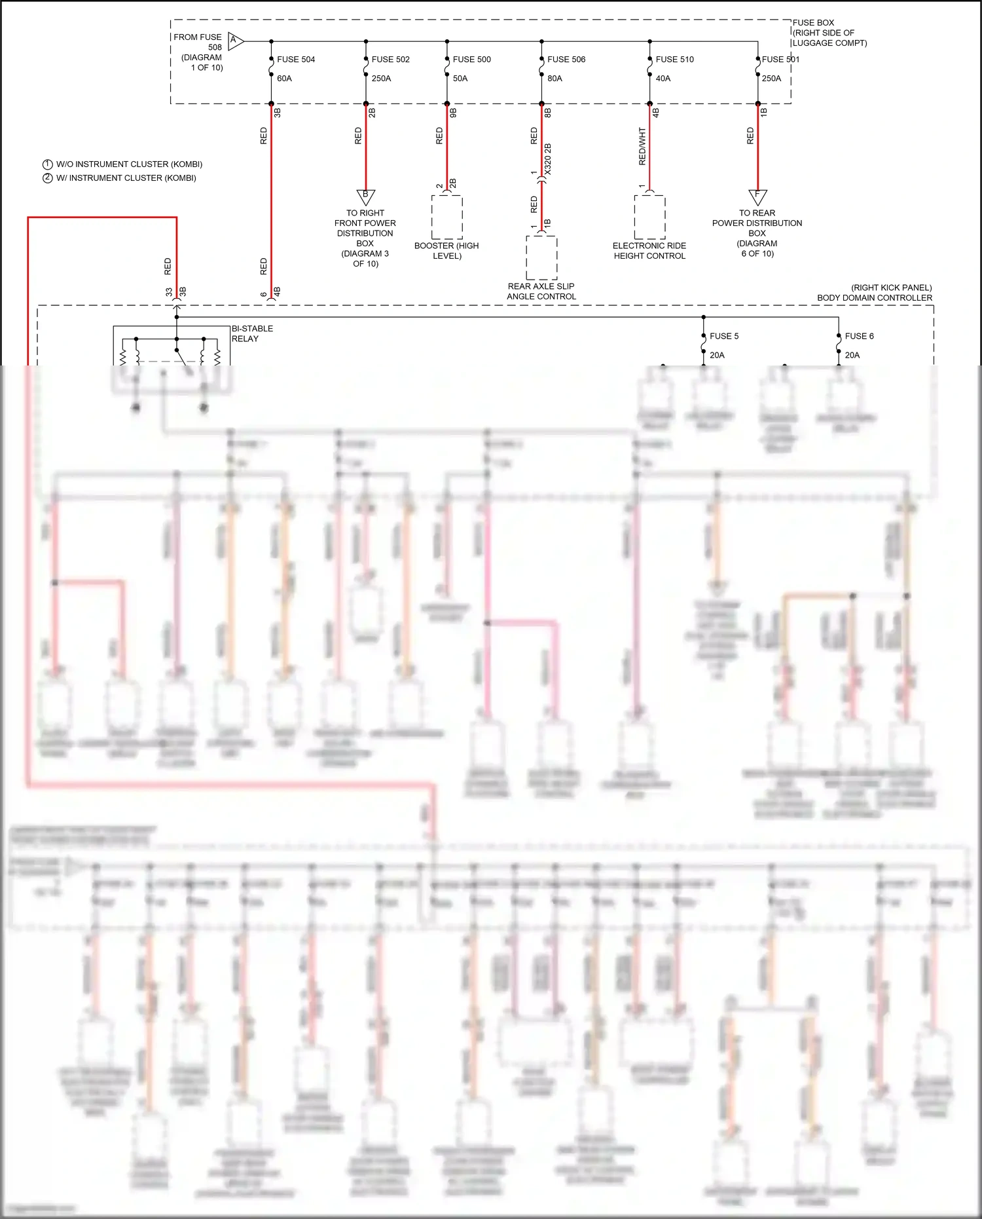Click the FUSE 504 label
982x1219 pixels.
click(x=295, y=60)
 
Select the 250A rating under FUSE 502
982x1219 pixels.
click(x=381, y=79)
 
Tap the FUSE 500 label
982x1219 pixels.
click(x=471, y=60)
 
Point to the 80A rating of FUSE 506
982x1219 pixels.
click(x=555, y=79)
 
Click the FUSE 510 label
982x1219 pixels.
click(x=674, y=60)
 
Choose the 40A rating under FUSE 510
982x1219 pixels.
click(x=663, y=79)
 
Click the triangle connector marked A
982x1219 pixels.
click(x=235, y=41)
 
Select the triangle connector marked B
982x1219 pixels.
click(x=365, y=196)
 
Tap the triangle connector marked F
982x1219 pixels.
click(x=757, y=196)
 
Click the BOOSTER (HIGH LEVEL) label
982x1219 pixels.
click(x=446, y=251)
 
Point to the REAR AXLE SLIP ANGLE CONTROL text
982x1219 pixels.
click(x=541, y=291)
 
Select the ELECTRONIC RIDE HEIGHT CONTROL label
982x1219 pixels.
click(x=649, y=251)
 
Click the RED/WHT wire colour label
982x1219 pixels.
click(x=642, y=146)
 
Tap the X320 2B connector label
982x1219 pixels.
click(x=548, y=159)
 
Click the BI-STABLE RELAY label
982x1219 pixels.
click(x=252, y=333)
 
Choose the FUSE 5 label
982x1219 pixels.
click(x=723, y=336)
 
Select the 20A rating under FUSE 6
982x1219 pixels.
click(x=852, y=355)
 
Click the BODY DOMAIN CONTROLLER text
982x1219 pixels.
click(x=874, y=298)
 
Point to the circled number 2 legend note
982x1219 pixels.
click(x=48, y=178)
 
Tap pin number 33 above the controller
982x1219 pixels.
click(x=169, y=292)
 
